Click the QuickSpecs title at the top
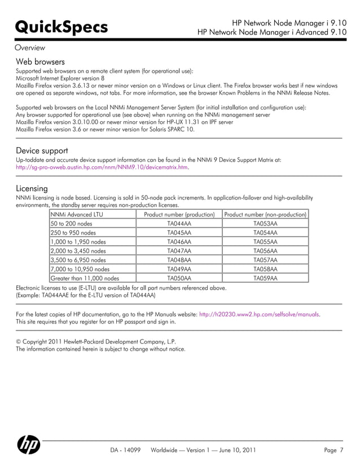point(54,27)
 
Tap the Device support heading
point(42,151)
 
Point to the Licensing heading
point(32,188)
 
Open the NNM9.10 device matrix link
point(102,167)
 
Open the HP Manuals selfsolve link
point(260,313)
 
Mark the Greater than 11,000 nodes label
point(85,278)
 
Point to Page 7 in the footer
point(334,450)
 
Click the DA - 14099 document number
point(125,450)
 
